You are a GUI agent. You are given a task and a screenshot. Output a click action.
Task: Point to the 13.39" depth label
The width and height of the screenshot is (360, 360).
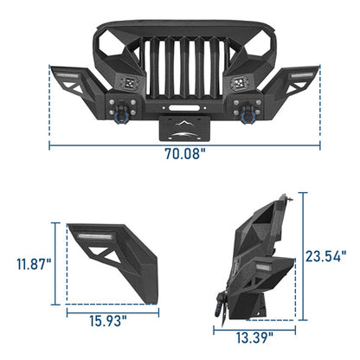click(253, 336)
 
